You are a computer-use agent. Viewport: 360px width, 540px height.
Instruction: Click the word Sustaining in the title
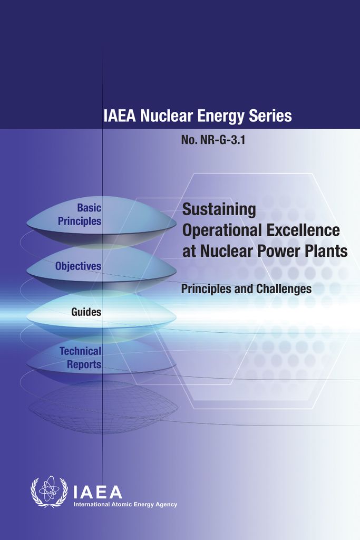pos(219,210)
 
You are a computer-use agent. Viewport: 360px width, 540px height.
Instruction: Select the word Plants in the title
pos(328,251)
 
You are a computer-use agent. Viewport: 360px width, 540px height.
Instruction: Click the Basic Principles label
pos(80,215)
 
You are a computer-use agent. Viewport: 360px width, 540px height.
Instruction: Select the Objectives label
pos(78,266)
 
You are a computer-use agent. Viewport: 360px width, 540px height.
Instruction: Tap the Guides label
pos(86,312)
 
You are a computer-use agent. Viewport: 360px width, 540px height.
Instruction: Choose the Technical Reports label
pos(80,357)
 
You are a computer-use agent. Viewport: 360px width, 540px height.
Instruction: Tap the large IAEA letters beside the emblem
pos(98,492)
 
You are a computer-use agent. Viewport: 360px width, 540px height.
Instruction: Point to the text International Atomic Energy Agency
pos(125,505)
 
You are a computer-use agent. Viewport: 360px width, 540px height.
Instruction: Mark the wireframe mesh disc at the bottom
pos(103,407)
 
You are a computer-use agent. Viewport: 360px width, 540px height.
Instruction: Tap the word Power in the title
pos(282,251)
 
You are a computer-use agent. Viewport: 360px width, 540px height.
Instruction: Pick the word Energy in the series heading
pos(215,116)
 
